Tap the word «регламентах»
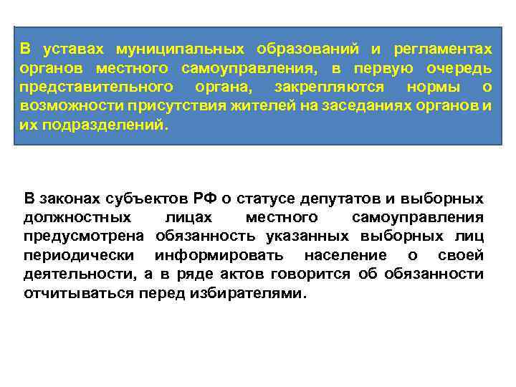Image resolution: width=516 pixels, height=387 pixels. point(443,49)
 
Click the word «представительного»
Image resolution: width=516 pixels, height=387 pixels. point(96,87)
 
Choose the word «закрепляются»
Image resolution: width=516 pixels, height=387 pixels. point(329,87)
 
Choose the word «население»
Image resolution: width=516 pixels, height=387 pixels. point(345,256)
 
